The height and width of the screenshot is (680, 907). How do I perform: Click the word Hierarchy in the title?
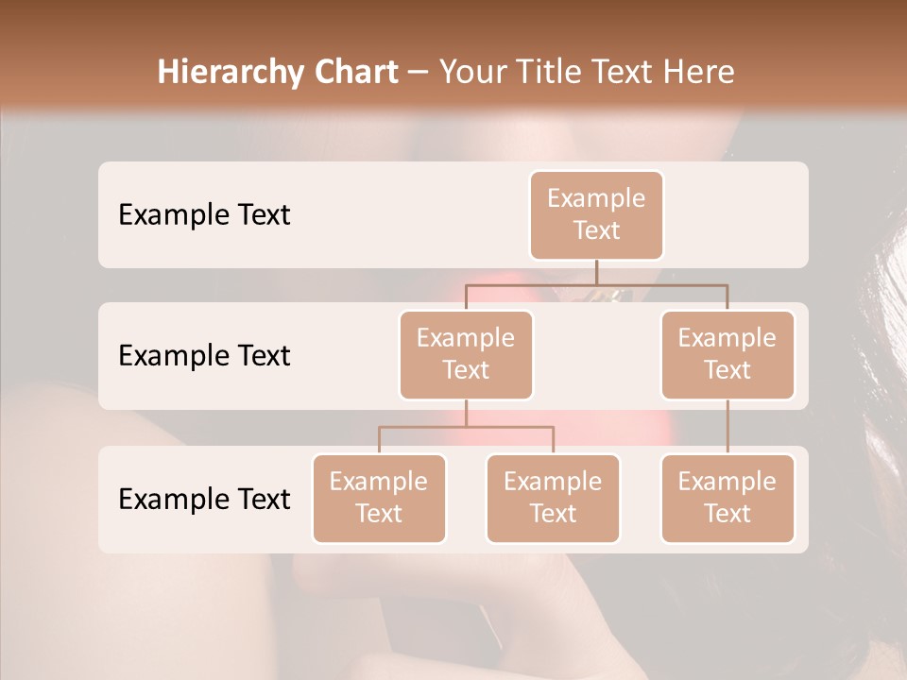pyautogui.click(x=216, y=73)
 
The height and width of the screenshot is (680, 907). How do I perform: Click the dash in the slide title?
pyautogui.click(x=418, y=74)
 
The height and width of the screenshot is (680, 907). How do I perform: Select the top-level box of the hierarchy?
pyautogui.click(x=596, y=214)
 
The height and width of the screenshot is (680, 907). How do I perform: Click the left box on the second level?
pyautogui.click(x=466, y=354)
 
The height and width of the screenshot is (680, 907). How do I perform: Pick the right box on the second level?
pyautogui.click(x=727, y=354)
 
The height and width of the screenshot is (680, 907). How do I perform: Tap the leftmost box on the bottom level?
pyautogui.click(x=379, y=498)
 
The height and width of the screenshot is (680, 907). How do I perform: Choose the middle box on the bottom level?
pyautogui.click(x=553, y=498)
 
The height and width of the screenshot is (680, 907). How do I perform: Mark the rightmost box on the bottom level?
pyautogui.click(x=727, y=498)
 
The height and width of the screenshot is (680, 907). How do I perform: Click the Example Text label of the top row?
pyautogui.click(x=204, y=215)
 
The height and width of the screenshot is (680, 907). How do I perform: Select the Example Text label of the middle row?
pyautogui.click(x=204, y=356)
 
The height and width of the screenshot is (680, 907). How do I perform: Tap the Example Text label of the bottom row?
pyautogui.click(x=204, y=499)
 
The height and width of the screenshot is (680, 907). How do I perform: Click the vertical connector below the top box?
pyautogui.click(x=596, y=272)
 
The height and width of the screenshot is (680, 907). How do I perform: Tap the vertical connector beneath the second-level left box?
pyautogui.click(x=466, y=413)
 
